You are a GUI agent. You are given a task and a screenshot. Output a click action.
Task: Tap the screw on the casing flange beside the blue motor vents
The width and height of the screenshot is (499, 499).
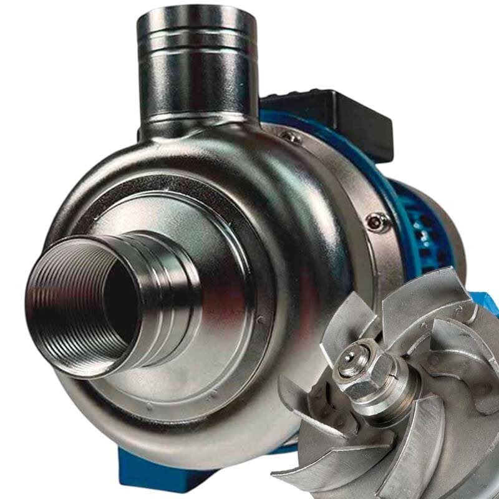(376, 220)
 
